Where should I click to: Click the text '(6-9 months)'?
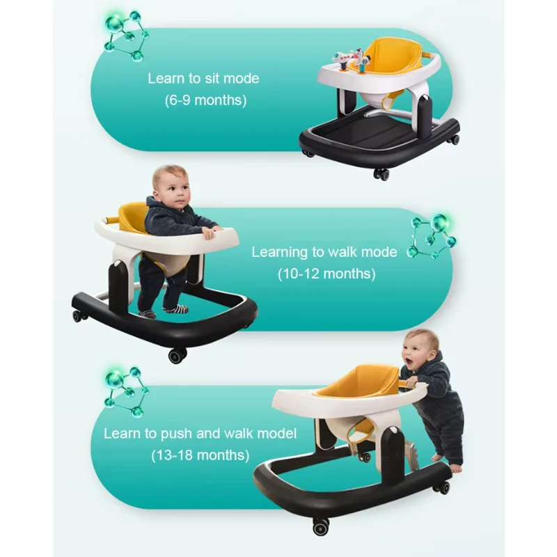pos(205,100)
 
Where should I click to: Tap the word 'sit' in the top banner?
pos(212,78)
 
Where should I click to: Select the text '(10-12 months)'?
pos(327,274)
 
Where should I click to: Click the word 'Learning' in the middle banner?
pos(280,253)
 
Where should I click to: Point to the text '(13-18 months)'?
pos(201,455)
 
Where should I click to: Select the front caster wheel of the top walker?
pos(381,174)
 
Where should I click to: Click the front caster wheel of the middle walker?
pos(178,355)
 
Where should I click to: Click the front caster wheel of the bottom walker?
pos(321,526)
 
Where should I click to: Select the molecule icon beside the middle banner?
pos(431,236)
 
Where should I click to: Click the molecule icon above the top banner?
pos(126,36)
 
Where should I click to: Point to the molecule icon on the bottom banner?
pos(126,391)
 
